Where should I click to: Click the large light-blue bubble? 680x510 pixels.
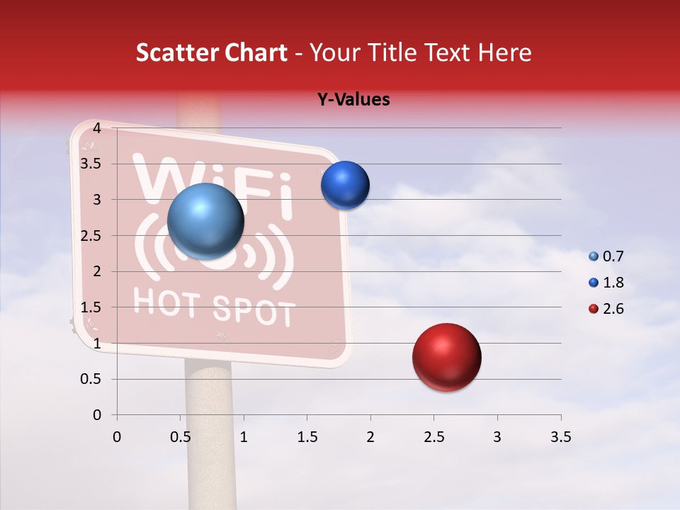click(x=205, y=222)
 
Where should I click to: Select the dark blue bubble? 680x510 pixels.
click(x=345, y=186)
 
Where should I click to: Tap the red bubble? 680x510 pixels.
click(x=446, y=357)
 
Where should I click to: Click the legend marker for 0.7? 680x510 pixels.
click(x=594, y=256)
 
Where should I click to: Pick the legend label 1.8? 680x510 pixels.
click(x=613, y=283)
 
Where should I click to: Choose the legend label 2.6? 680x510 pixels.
click(x=613, y=309)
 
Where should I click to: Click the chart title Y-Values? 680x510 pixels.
click(x=353, y=100)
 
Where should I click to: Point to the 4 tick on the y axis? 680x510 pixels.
click(x=96, y=128)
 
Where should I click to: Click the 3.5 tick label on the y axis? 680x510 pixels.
click(x=91, y=164)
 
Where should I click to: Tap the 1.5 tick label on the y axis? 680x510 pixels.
click(x=91, y=307)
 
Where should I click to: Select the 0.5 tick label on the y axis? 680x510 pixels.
click(x=91, y=379)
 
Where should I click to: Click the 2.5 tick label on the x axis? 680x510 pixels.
click(x=433, y=437)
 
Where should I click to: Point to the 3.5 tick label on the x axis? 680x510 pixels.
click(x=560, y=437)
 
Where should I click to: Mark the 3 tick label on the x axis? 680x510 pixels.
click(x=497, y=437)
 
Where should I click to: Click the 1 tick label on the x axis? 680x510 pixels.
click(x=244, y=437)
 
